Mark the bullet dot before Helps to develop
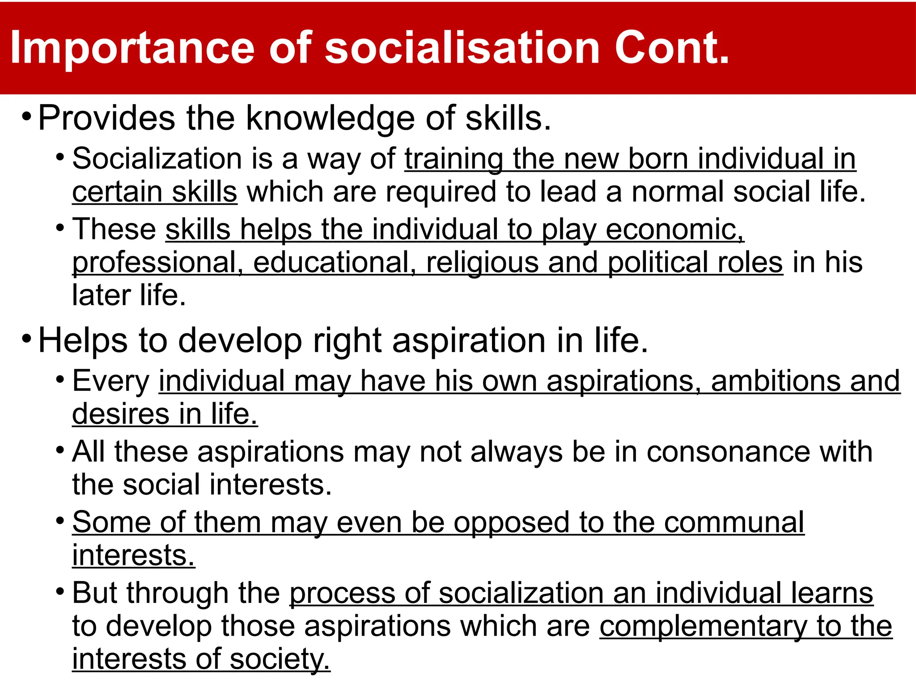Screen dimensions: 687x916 26,338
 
